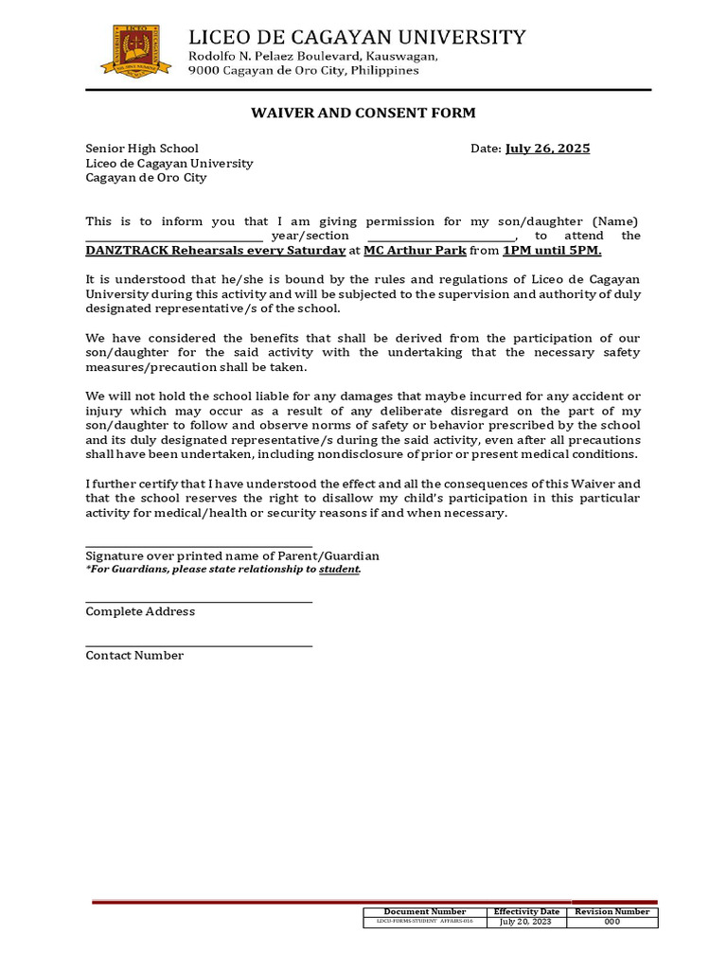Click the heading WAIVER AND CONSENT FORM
point(363,114)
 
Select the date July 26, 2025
point(547,149)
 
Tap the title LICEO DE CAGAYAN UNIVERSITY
point(357,37)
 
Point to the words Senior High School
point(142,149)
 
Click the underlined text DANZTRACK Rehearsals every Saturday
point(215,251)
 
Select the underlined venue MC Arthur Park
point(415,251)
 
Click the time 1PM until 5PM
point(552,251)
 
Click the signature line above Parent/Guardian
point(199,545)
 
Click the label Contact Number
point(134,656)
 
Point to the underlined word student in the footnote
point(339,570)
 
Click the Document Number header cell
point(425,912)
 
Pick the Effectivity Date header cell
point(526,912)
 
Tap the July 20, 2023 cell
point(526,922)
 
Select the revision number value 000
point(612,922)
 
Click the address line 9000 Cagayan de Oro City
point(303,71)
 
